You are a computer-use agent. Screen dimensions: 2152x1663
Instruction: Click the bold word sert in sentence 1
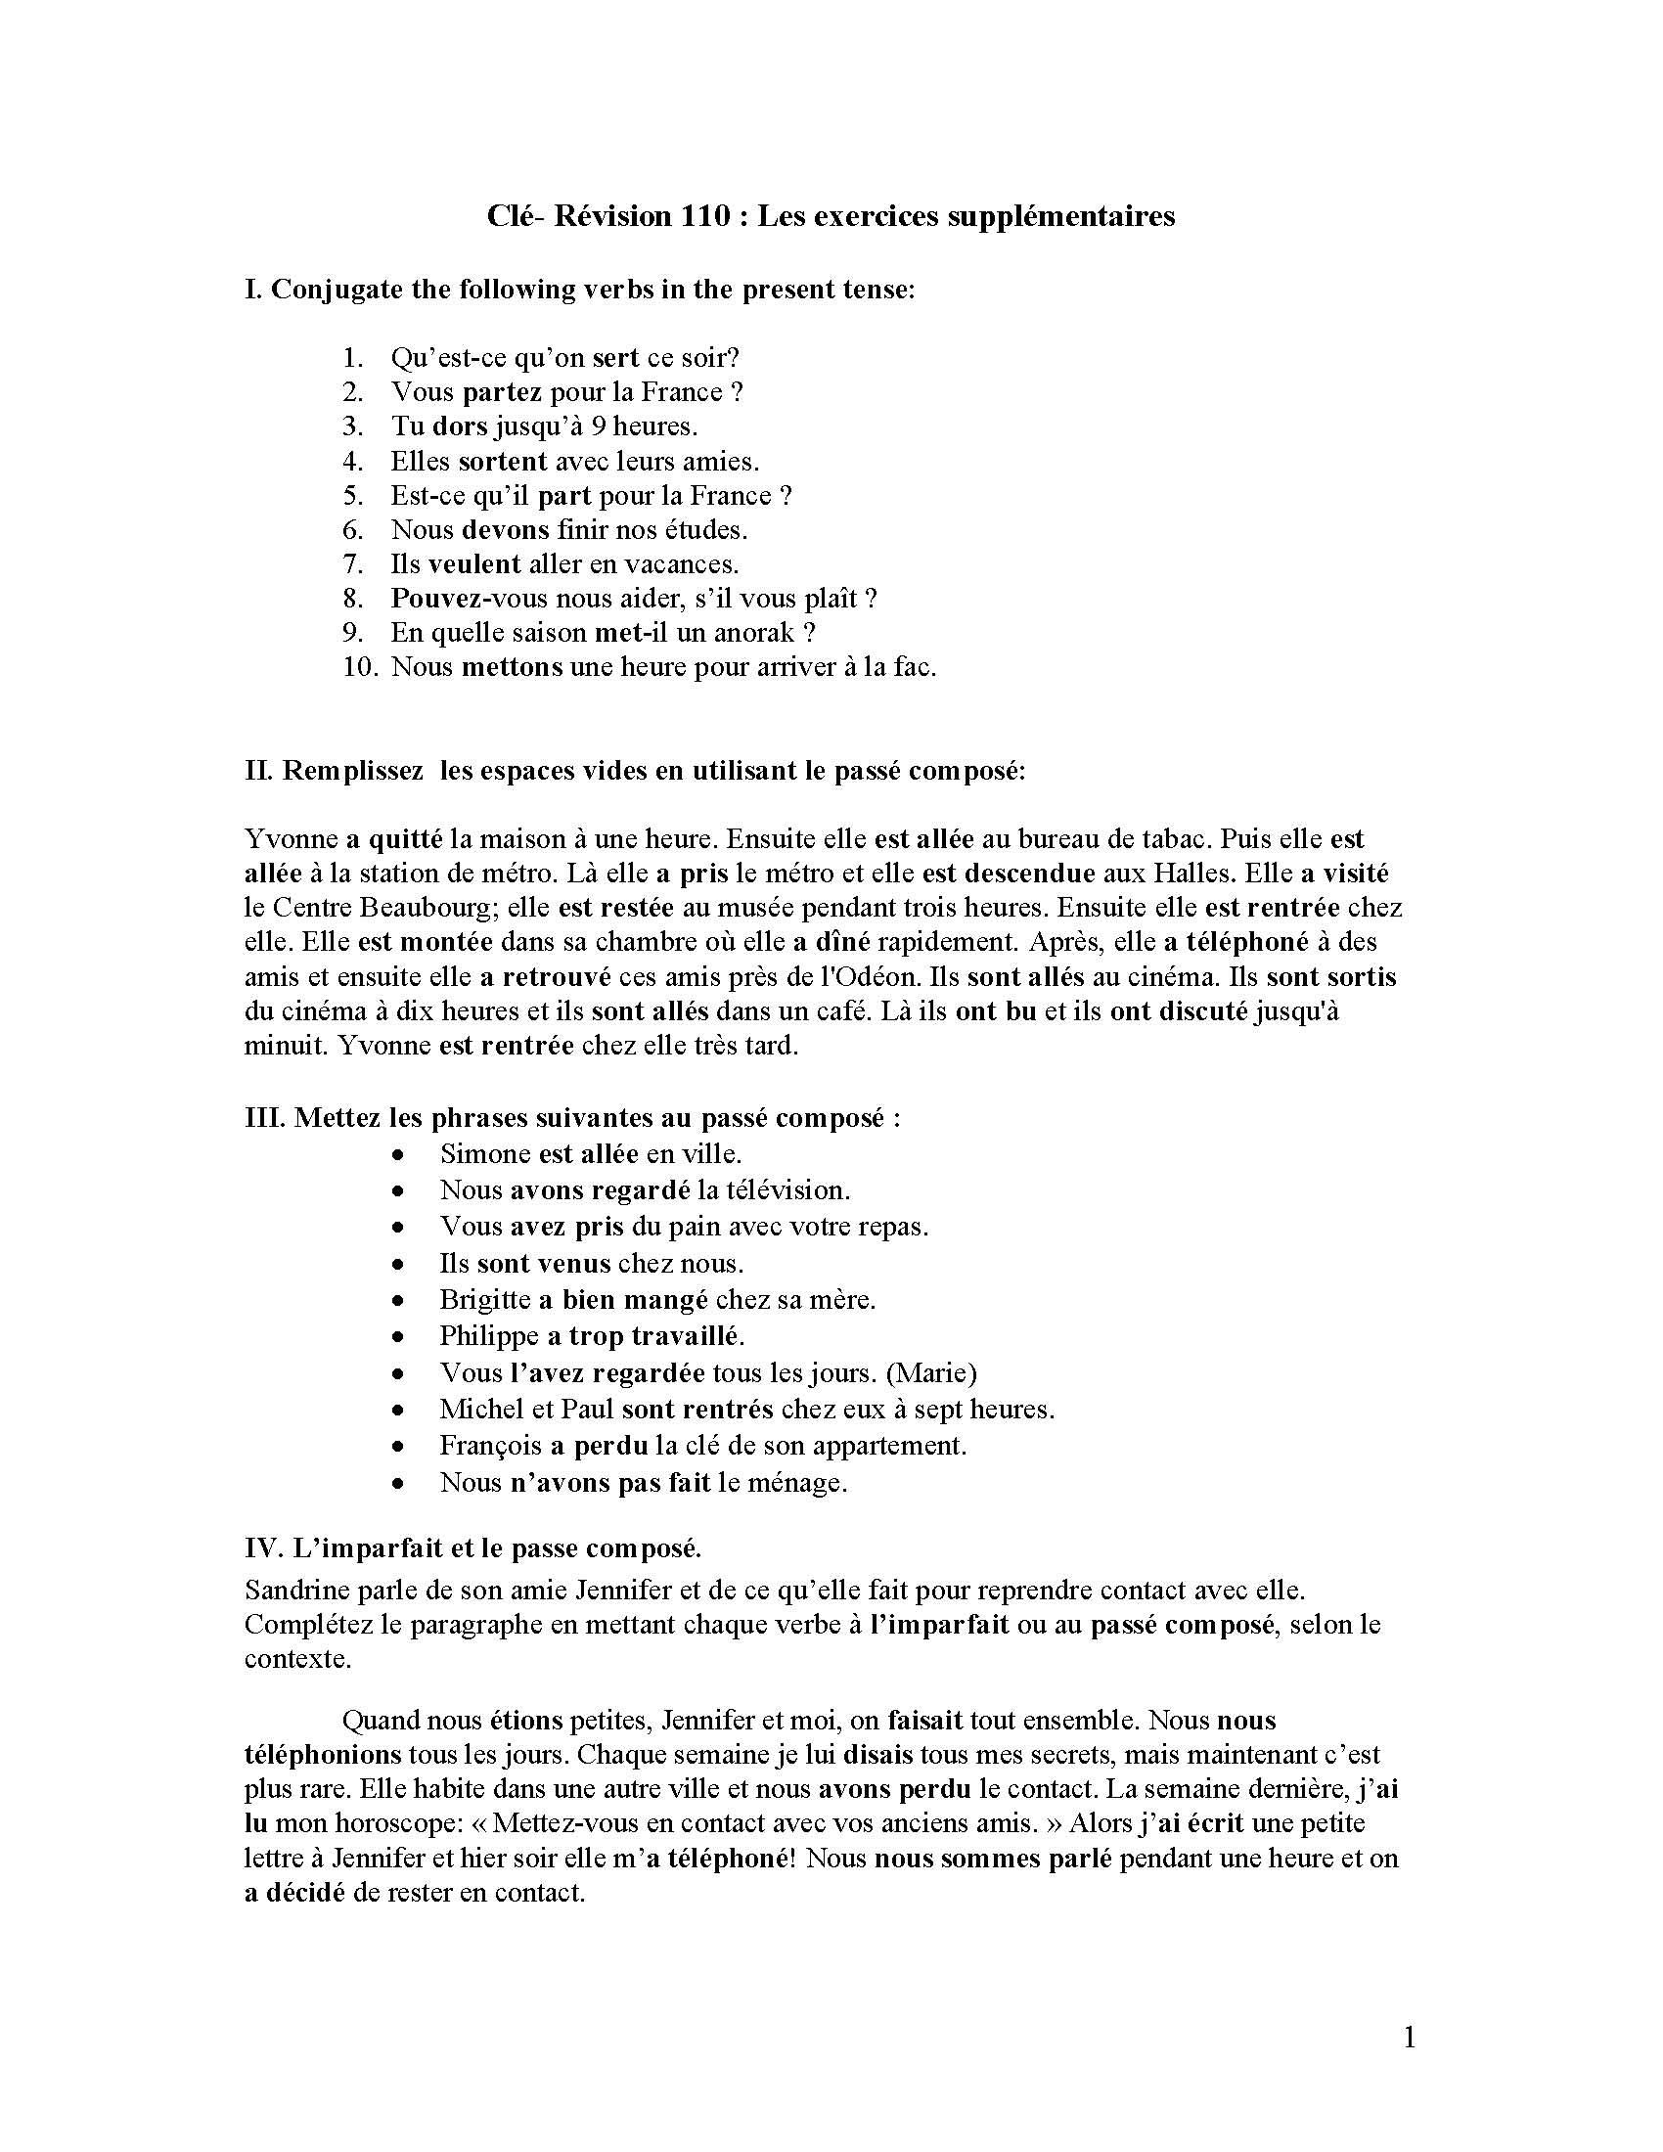point(615,358)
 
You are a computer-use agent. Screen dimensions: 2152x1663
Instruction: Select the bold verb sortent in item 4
point(503,461)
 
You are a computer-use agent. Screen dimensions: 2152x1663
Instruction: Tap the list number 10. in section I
point(361,667)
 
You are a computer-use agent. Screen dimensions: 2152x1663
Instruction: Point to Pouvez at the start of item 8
point(428,598)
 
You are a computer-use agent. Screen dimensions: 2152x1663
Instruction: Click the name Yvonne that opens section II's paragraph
point(291,839)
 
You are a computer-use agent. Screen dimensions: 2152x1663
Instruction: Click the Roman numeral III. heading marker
point(264,1118)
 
